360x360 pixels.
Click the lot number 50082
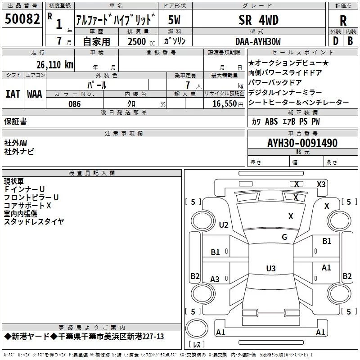22,19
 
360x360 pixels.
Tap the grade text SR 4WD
258,20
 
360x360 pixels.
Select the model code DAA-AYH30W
258,41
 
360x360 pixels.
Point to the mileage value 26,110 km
54,65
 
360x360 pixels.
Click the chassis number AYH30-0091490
302,143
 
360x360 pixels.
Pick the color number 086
75,104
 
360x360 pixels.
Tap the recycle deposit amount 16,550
224,104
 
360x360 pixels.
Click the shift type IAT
13,94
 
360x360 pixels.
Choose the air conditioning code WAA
35,94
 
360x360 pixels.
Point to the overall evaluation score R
343,21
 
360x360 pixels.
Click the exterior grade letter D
336,41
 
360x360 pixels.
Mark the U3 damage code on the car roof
271,268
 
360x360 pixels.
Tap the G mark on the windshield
284,237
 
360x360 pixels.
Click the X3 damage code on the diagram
321,184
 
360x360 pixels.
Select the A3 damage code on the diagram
215,279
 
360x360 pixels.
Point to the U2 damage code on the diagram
224,225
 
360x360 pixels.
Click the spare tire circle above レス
197,328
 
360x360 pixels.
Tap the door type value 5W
174,20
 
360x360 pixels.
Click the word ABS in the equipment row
271,121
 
